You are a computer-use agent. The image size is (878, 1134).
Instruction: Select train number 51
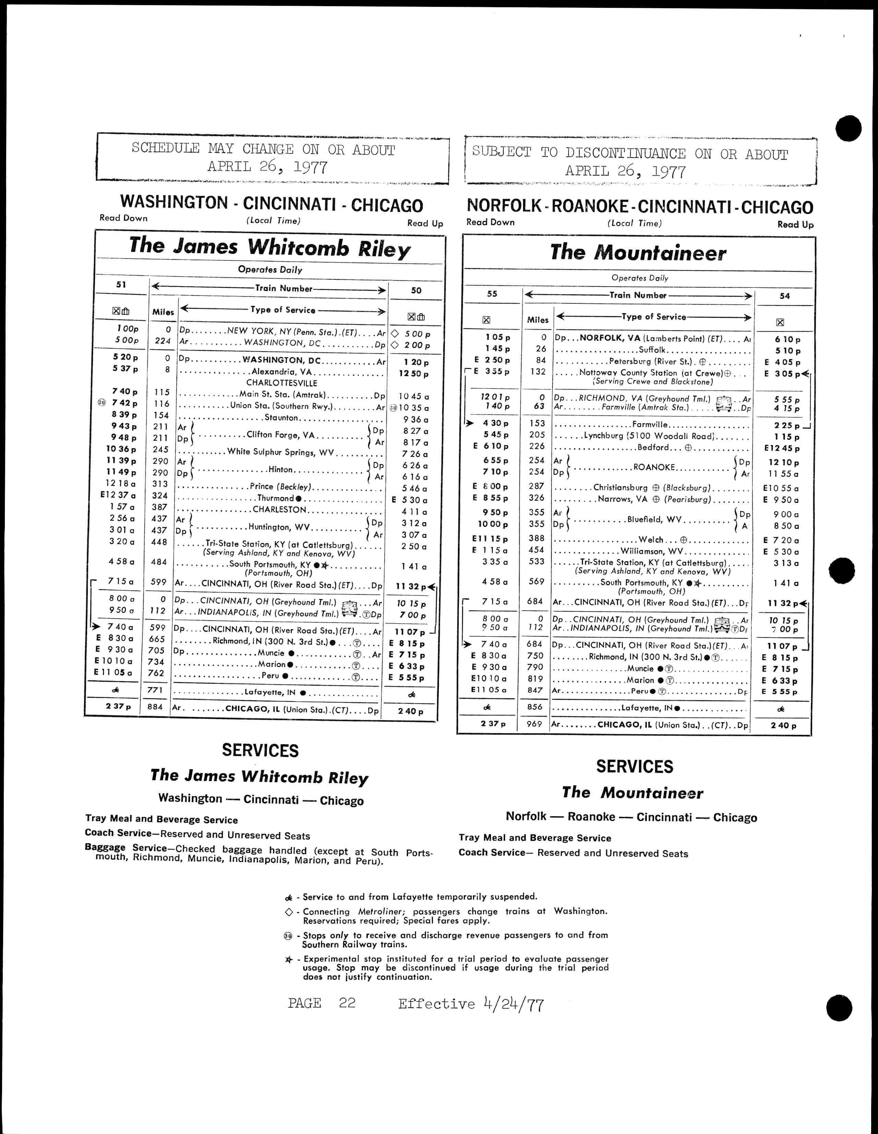(121, 285)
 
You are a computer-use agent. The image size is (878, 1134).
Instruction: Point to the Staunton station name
(281, 417)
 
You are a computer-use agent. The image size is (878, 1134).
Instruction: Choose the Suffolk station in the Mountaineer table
(652, 350)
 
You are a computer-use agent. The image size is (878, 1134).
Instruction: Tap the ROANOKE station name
(654, 467)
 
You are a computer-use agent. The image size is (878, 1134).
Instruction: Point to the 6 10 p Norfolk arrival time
(787, 339)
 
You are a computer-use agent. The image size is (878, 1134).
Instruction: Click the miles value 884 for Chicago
(155, 707)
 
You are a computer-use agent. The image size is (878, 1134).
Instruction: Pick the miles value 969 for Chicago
(534, 724)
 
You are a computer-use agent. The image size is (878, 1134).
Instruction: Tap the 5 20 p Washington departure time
(124, 357)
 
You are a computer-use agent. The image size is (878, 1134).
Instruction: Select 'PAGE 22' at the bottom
(321, 1003)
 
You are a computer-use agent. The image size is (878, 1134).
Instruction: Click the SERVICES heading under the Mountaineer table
(634, 766)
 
